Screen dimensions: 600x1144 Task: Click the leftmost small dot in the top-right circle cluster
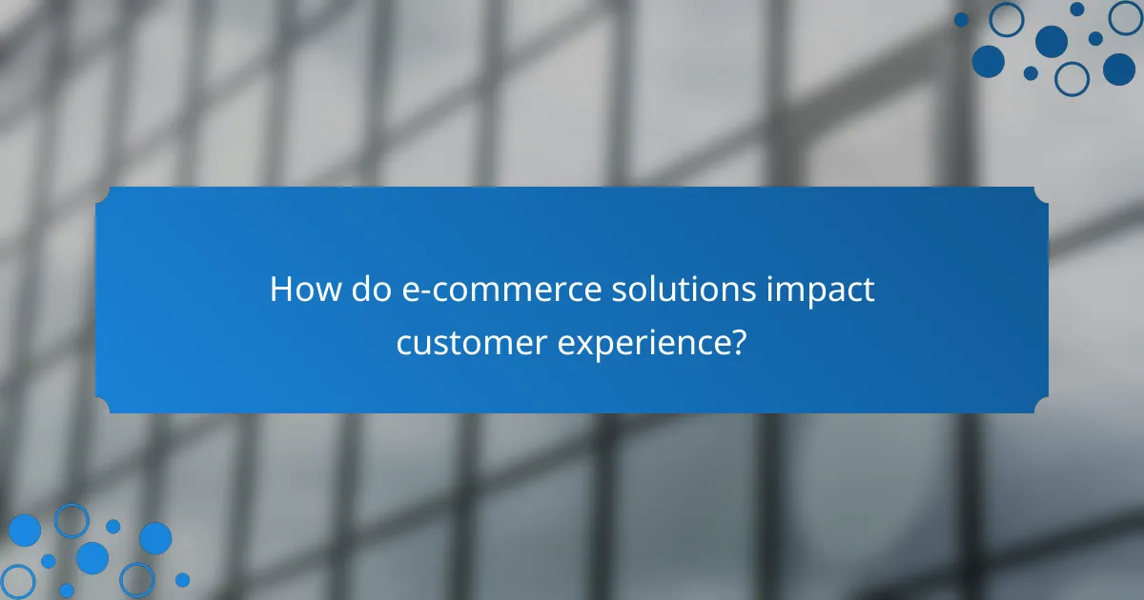pos(961,19)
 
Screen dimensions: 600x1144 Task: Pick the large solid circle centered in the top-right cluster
pos(1051,41)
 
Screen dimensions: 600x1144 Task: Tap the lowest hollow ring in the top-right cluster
pos(1072,78)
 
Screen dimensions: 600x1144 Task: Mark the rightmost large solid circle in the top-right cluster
pos(1119,69)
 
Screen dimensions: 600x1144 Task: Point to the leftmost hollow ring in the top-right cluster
pos(1006,19)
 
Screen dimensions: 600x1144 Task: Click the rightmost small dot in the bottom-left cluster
pos(182,579)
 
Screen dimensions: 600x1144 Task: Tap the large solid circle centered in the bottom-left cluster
pos(92,557)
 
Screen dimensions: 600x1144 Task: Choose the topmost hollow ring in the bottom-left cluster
pos(71,520)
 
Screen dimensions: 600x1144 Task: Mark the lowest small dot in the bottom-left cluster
pos(66,590)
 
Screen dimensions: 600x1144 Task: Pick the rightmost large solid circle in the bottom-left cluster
pos(155,538)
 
